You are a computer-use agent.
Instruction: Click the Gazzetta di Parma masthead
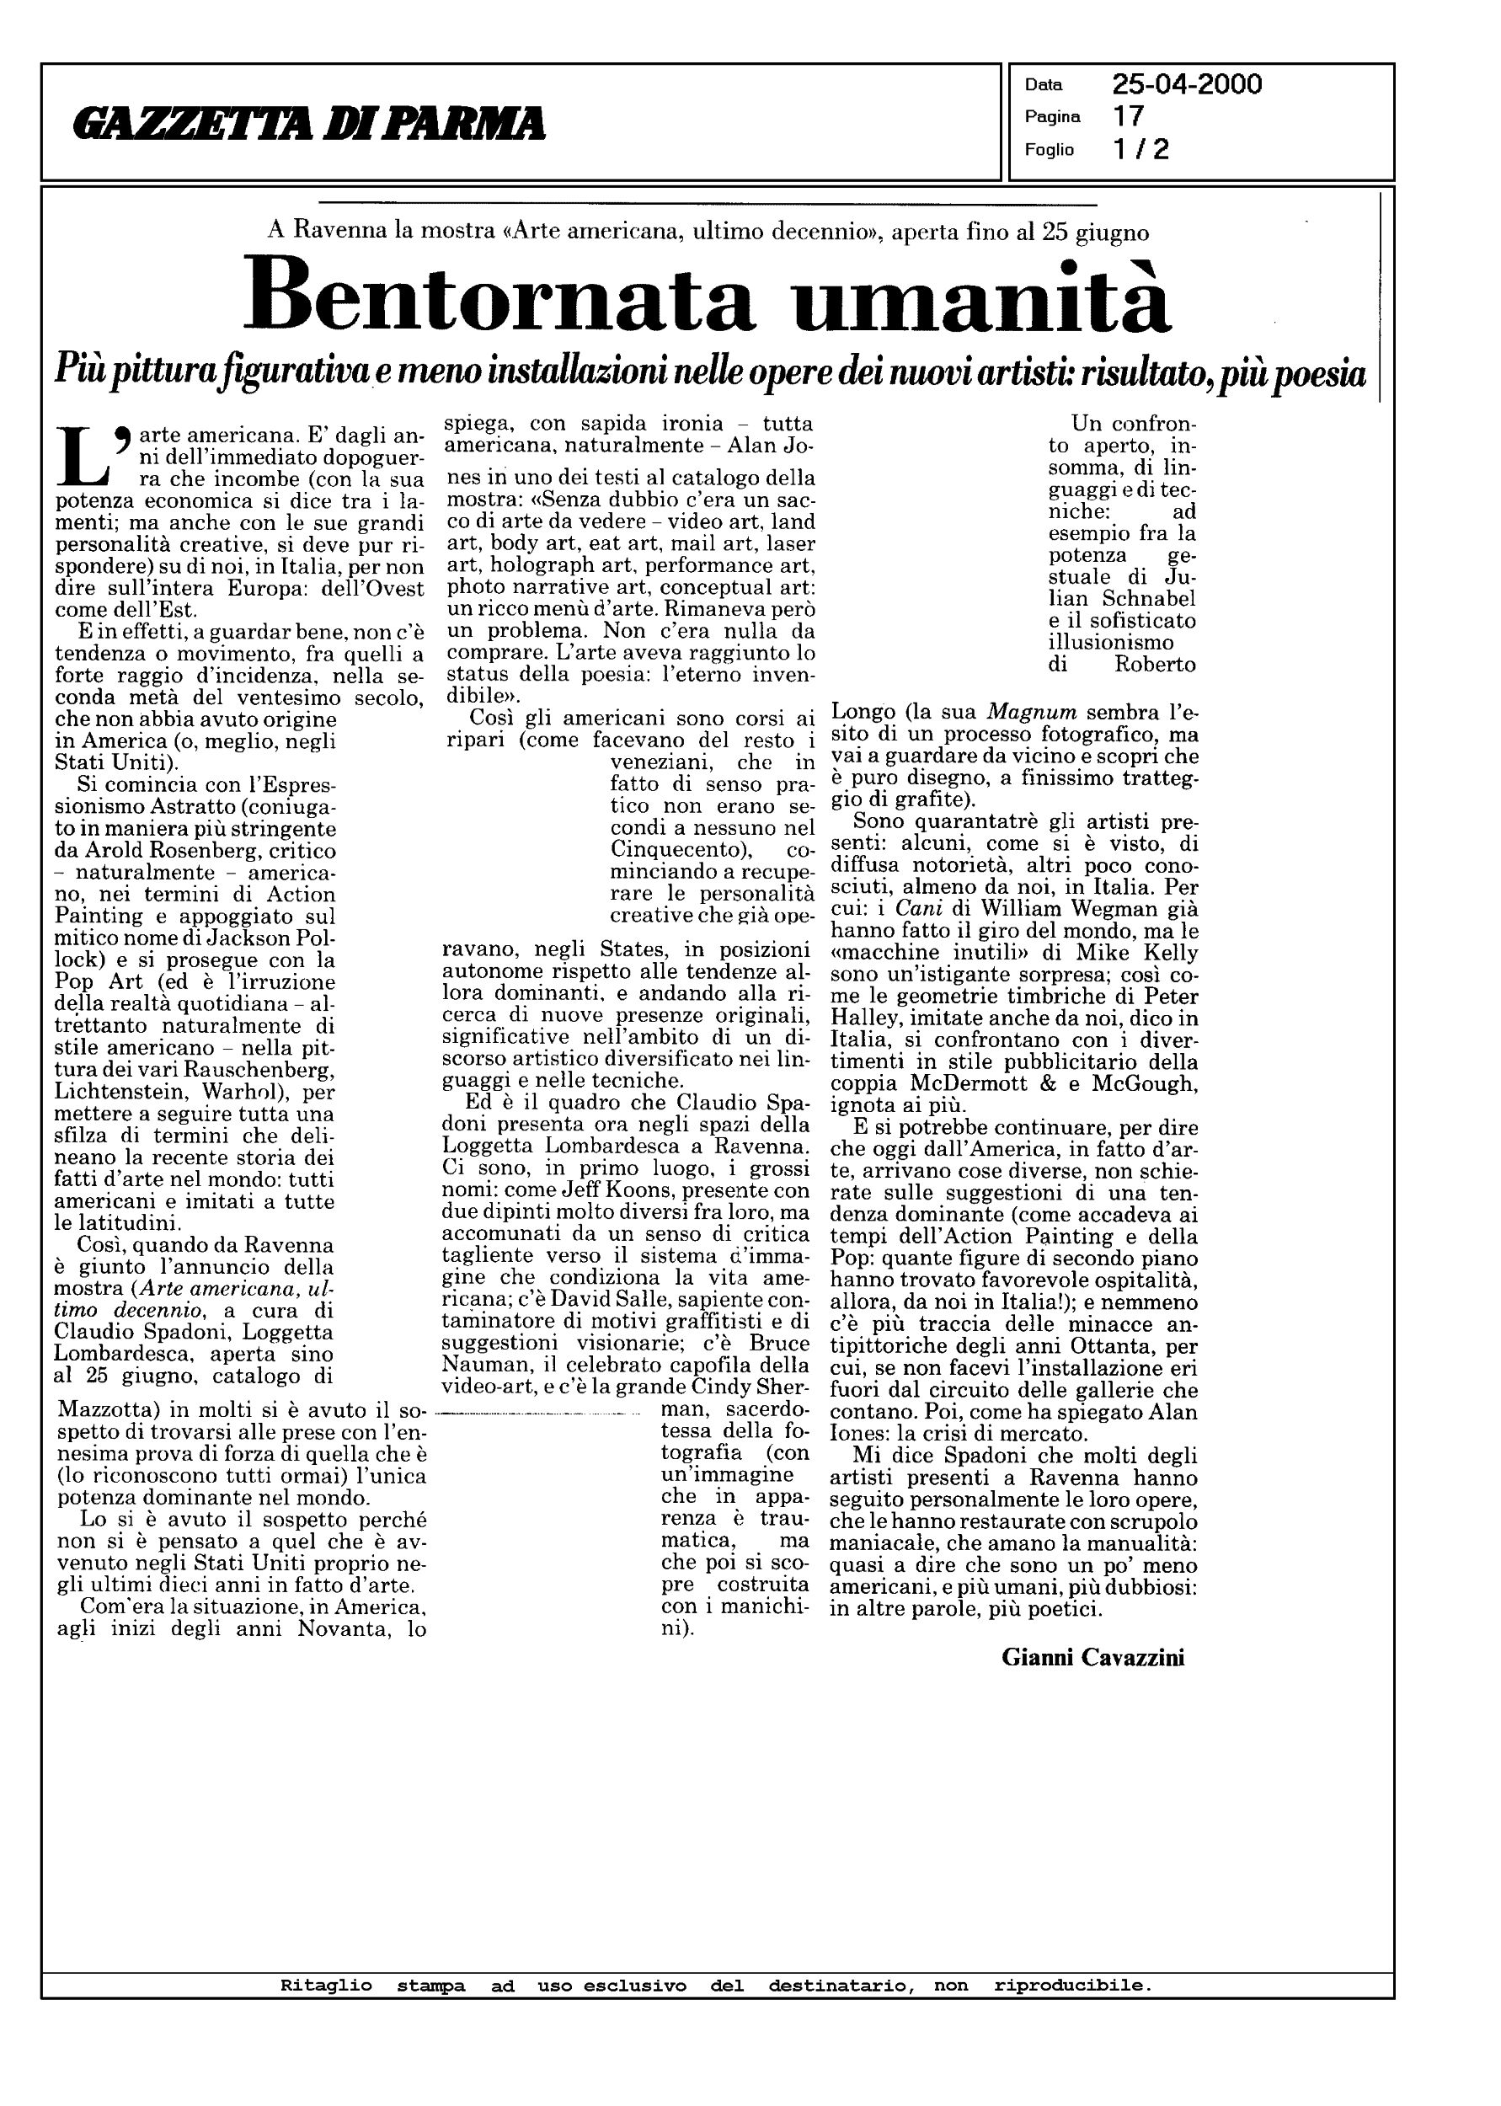click(x=310, y=124)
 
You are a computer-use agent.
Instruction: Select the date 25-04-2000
click(x=1187, y=85)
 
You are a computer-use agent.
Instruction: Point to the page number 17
click(x=1129, y=116)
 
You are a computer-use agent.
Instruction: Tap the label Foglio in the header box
click(x=1049, y=150)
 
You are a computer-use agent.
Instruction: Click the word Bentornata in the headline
click(x=499, y=296)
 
